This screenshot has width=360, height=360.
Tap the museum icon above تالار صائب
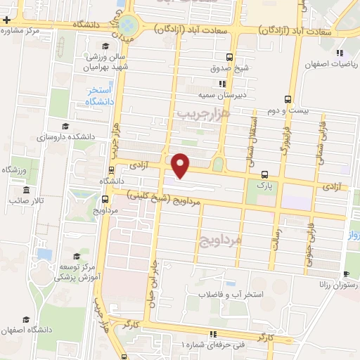click(x=26, y=191)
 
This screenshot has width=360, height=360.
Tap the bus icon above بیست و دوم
click(x=287, y=99)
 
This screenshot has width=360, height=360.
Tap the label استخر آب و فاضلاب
click(x=229, y=295)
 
